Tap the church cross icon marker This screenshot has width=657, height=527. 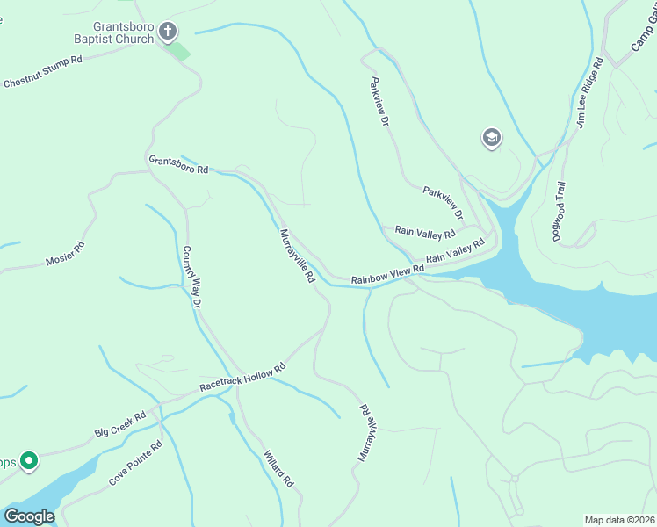point(168,32)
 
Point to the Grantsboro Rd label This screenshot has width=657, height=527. point(178,164)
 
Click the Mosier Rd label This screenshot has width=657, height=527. point(65,254)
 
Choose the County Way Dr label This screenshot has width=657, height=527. point(191,277)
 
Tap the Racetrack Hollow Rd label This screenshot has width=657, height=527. point(243,377)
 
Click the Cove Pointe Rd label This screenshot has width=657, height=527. point(136,464)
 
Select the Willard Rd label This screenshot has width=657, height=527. point(278,469)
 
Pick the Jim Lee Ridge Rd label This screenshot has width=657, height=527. point(589,93)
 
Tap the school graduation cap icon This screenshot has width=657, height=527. point(491,138)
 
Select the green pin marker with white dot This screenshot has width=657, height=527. point(28,460)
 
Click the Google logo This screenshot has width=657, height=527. point(29,516)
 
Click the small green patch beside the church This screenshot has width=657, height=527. point(178,50)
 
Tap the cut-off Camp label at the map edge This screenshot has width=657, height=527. point(644,31)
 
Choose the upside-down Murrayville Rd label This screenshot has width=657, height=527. point(367,433)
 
